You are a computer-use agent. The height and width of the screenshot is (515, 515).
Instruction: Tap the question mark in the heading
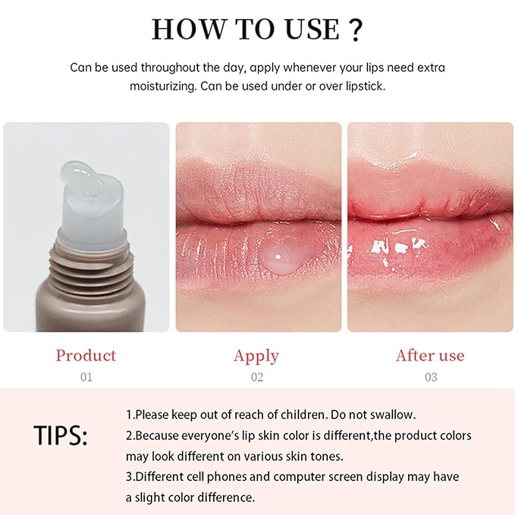coord(353,29)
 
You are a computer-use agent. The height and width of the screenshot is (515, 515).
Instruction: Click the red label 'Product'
coord(86,356)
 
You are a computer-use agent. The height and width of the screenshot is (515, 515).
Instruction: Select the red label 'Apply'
coord(256,356)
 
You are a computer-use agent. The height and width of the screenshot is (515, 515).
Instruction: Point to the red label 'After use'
coord(430,356)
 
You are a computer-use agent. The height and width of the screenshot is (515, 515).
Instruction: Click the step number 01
coord(86,377)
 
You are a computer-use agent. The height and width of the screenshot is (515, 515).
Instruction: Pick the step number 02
coord(256,377)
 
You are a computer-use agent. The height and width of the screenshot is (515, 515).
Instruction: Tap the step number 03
coord(430,377)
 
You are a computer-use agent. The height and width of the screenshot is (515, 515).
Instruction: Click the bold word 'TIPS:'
coord(61,436)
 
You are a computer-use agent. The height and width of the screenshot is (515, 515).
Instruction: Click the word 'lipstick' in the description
coord(361,86)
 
